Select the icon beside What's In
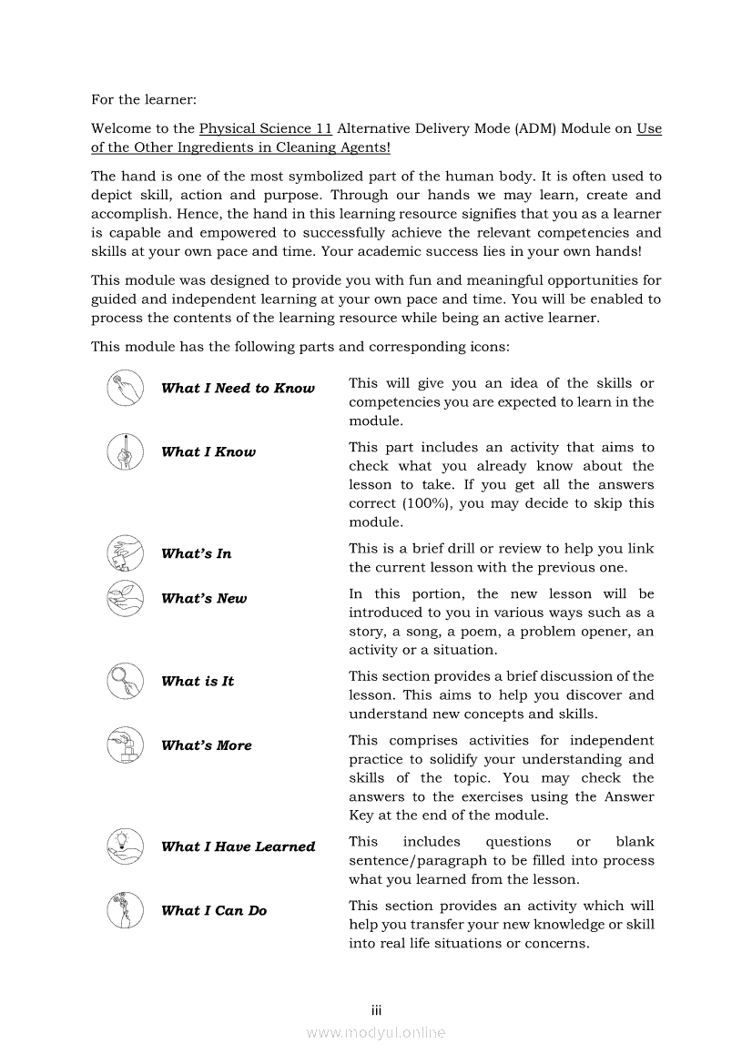(124, 553)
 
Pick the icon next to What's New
(124, 598)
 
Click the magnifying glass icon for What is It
(124, 681)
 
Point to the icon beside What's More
(124, 745)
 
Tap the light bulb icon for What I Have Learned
(124, 846)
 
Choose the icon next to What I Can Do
(124, 910)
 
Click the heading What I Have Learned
(238, 846)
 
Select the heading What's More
(206, 745)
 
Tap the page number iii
(375, 1010)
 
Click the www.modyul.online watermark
(375, 1032)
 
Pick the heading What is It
(197, 681)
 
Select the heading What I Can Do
(213, 910)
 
